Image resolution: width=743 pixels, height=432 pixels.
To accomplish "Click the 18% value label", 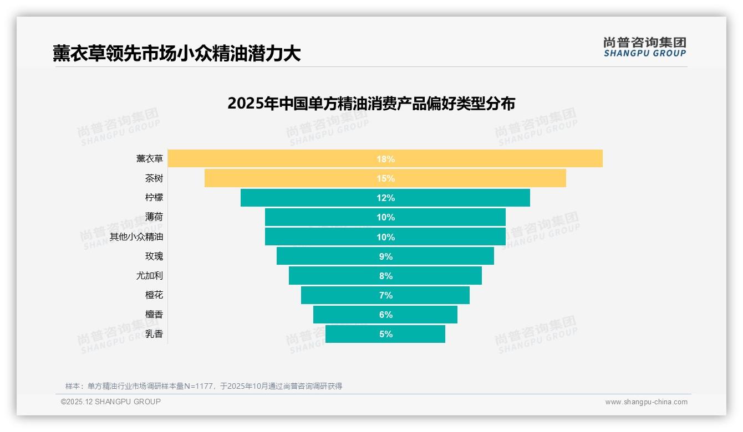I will coord(385,159).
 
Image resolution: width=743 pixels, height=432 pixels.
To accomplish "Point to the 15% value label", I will coord(385,178).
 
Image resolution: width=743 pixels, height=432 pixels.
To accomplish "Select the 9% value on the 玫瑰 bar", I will coord(385,256).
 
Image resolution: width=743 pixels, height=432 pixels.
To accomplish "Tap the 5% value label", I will coord(385,334).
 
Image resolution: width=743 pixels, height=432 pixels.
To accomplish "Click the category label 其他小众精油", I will coord(136,236).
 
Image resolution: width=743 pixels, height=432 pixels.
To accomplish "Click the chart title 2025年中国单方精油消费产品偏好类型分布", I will coord(371,104).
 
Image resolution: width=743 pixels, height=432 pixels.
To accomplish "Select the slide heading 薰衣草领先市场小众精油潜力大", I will coord(177,53).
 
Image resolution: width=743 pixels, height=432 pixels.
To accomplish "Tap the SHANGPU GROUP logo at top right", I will coord(644,47).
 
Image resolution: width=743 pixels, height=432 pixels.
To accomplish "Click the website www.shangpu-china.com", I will coord(646,402).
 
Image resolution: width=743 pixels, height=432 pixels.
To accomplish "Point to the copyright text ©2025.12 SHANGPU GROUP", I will coord(110,402).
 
